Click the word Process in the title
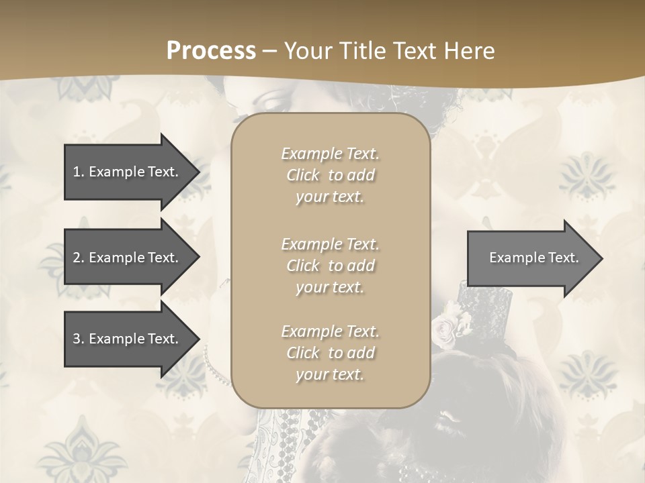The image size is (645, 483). pyautogui.click(x=211, y=50)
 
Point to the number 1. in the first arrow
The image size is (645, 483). pyautogui.click(x=78, y=172)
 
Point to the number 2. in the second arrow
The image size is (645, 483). pyautogui.click(x=78, y=258)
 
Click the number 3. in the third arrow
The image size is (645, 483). pyautogui.click(x=78, y=339)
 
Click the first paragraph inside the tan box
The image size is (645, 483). pyautogui.click(x=330, y=175)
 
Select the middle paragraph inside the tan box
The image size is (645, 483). pyautogui.click(x=330, y=266)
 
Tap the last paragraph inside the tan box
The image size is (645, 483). pyautogui.click(x=330, y=353)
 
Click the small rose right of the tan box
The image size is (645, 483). pyautogui.click(x=445, y=328)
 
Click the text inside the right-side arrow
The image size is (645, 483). pyautogui.click(x=533, y=258)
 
